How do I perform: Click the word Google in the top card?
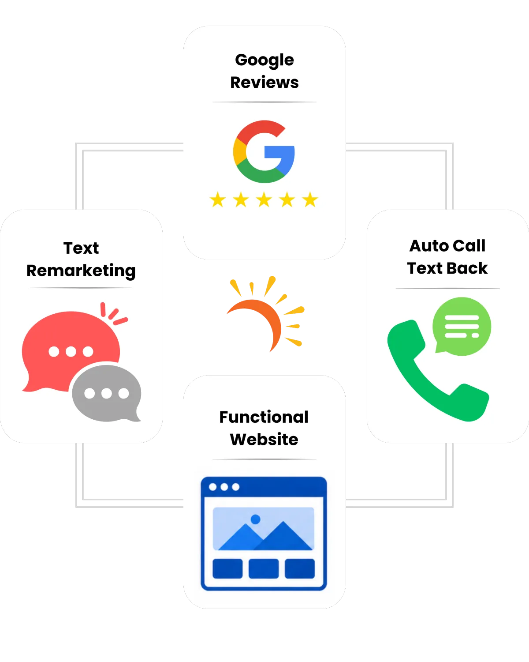click(x=264, y=60)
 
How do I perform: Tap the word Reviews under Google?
click(x=264, y=83)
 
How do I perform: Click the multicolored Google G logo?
click(x=264, y=152)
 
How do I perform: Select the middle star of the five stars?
click(x=264, y=199)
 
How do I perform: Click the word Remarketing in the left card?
click(x=81, y=271)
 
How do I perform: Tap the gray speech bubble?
click(x=107, y=393)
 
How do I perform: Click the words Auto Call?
click(x=447, y=246)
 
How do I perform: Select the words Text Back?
click(x=447, y=268)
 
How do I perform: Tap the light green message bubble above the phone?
click(x=462, y=327)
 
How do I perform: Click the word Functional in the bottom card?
click(x=264, y=417)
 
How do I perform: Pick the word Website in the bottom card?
click(x=264, y=439)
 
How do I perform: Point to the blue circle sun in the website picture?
click(x=255, y=519)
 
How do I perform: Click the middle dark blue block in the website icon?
click(x=264, y=569)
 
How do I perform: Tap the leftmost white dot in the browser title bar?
click(x=213, y=487)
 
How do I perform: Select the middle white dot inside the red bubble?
click(x=71, y=351)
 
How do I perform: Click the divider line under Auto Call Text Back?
click(x=447, y=289)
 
